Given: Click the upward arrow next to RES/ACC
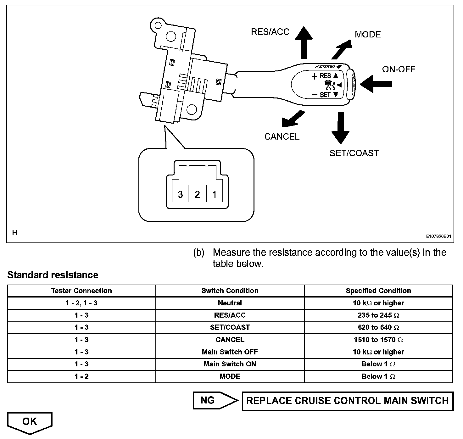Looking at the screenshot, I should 304,42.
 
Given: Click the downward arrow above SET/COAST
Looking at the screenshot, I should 340,127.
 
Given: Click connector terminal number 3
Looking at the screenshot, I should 180,194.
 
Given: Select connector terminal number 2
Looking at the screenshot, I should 197,194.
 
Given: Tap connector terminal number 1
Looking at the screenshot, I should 215,194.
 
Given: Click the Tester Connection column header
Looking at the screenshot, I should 81,291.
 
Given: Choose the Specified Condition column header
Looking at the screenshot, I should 378,291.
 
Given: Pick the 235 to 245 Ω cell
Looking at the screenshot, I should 378,315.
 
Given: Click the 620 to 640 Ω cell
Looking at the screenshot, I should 378,328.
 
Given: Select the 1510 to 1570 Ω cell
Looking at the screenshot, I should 378,340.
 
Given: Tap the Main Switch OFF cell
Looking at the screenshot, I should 230,352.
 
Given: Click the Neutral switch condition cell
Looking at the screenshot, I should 230,303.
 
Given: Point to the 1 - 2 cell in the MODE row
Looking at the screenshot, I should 81,377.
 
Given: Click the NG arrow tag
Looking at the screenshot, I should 214,401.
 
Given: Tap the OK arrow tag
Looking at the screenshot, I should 30,422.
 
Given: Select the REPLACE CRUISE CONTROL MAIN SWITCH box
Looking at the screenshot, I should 347,401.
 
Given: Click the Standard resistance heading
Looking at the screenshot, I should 53,275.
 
